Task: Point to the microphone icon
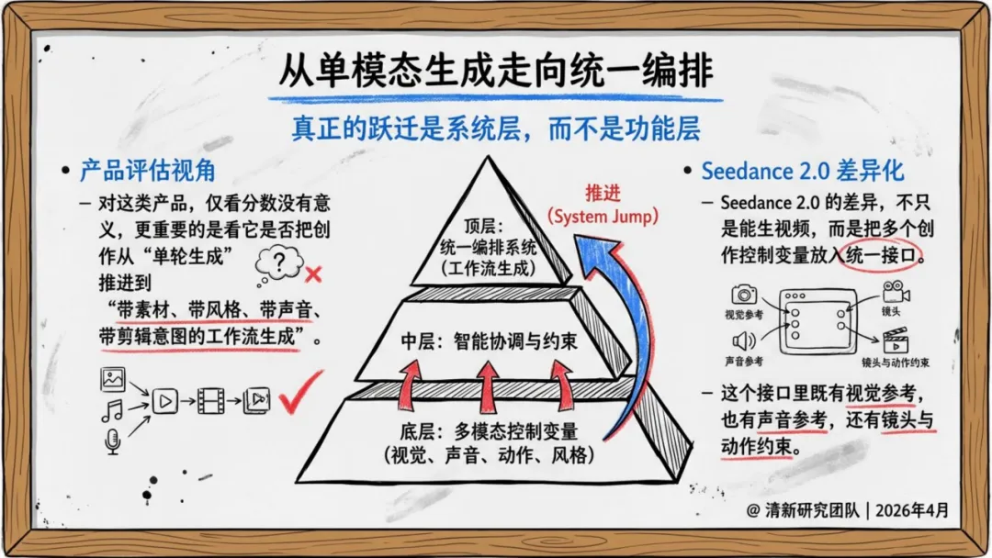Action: [x=112, y=443]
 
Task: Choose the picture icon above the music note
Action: [x=113, y=378]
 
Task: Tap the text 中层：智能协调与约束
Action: [x=490, y=341]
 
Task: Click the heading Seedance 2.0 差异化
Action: [x=802, y=171]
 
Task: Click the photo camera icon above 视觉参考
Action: [x=744, y=295]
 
